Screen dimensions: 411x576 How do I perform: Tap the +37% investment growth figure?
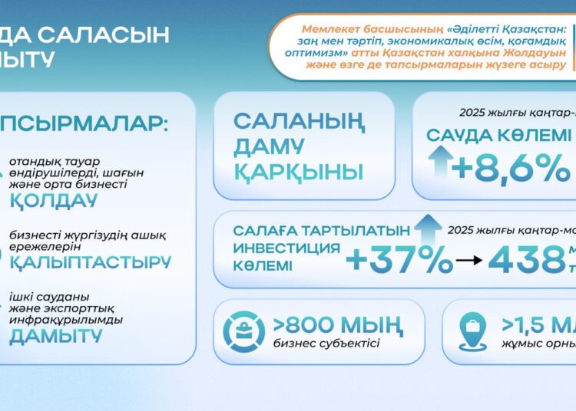(399, 261)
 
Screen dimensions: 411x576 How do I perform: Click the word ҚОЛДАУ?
(54, 202)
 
